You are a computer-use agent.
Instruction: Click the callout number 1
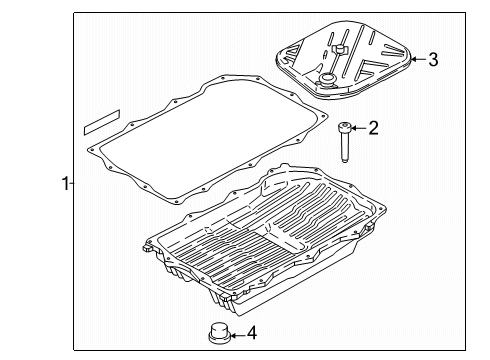click(x=64, y=183)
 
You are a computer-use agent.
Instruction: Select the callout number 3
click(x=433, y=59)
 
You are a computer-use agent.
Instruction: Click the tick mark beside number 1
click(x=71, y=183)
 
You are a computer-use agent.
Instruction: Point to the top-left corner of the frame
click(x=75, y=12)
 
